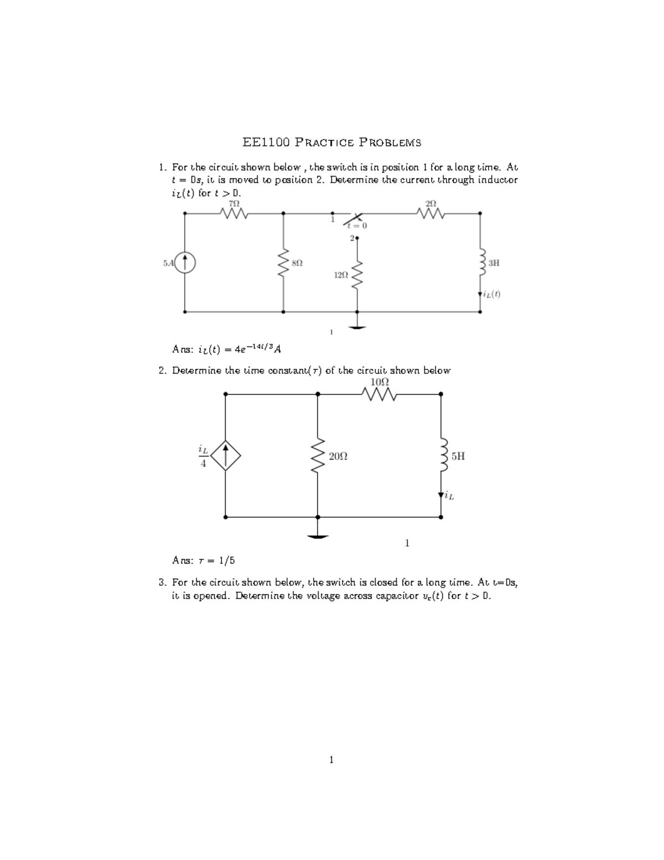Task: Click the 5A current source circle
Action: click(x=185, y=262)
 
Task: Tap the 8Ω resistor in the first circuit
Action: click(x=283, y=264)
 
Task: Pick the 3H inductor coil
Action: click(x=481, y=264)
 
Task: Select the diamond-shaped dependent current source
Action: click(x=225, y=456)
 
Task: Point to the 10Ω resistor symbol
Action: click(x=380, y=394)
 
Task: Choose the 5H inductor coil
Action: click(x=442, y=456)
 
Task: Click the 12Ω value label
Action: click(x=341, y=275)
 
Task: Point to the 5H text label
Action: click(x=458, y=456)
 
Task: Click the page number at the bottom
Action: click(x=331, y=760)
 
